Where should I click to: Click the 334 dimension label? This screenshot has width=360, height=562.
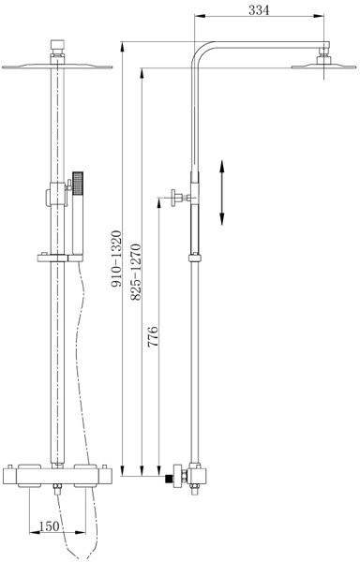pos(259,10)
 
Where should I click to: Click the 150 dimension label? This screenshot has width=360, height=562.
pos(49,526)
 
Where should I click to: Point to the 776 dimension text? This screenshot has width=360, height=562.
pos(153,336)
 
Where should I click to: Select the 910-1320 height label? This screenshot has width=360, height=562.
pos(116,259)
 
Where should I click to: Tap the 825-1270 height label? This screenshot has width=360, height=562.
pos(136,272)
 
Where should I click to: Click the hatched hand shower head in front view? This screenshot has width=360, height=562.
pos(78,184)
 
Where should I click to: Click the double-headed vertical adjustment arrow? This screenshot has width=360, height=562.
pos(222,192)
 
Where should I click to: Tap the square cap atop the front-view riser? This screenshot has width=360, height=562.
pos(57,46)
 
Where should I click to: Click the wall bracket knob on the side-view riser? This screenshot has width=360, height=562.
pos(178,198)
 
